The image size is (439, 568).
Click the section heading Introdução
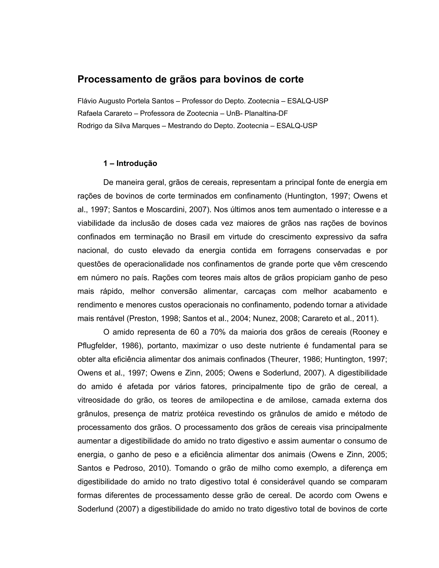click(137, 164)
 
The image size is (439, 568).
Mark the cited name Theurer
click(285, 359)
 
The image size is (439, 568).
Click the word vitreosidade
click(100, 400)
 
